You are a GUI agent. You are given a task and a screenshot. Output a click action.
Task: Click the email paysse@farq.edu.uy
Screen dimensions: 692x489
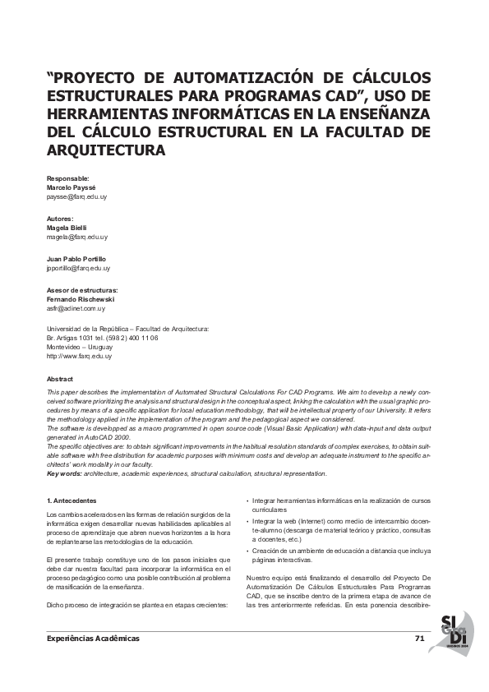tap(77, 198)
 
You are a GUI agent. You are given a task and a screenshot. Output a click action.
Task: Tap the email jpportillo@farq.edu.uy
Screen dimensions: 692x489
tap(79, 268)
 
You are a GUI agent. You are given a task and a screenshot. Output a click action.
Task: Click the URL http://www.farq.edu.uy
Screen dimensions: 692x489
tap(80, 356)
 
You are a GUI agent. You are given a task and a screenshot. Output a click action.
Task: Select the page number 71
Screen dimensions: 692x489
tap(419, 638)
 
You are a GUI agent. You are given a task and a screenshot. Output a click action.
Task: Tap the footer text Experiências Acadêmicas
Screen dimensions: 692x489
tap(93, 639)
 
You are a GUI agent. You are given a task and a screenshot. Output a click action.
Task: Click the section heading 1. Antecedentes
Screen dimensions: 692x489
tap(72, 501)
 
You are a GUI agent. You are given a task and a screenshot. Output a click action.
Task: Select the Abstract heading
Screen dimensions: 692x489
tap(60, 379)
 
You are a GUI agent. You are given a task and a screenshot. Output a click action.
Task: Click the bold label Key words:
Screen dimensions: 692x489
tap(64, 474)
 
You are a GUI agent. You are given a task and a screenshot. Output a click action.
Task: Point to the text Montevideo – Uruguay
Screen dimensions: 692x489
tap(81, 347)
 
